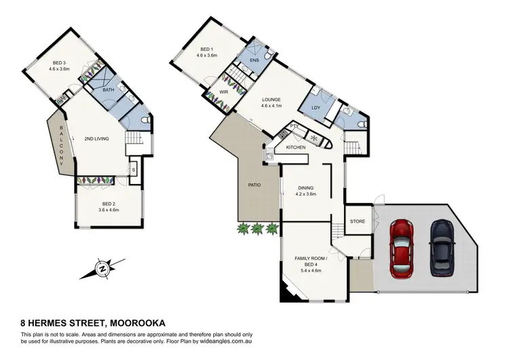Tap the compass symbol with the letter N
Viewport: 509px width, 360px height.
102,269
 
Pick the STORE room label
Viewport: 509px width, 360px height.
358,222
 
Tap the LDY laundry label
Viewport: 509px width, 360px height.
316,108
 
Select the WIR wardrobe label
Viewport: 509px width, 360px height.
224,92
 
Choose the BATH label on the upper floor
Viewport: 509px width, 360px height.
109,90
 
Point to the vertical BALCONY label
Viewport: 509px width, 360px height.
61,146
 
